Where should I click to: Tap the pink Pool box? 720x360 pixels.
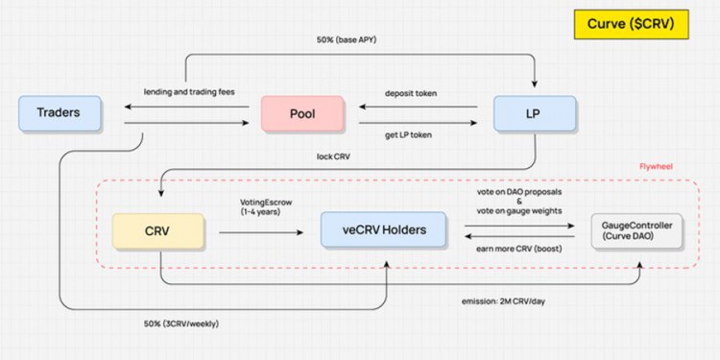tap(302, 113)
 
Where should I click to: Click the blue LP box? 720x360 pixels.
tap(535, 113)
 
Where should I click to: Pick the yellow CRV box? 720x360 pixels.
tap(158, 230)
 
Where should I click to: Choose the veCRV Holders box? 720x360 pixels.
tap(384, 230)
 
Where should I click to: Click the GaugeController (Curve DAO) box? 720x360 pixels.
tap(636, 230)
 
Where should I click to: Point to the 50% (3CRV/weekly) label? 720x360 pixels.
tap(181, 323)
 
